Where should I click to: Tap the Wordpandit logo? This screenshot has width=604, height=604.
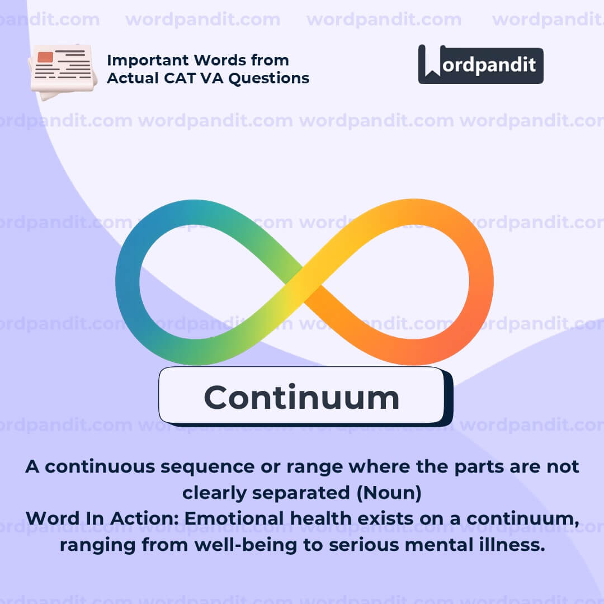pos(481,64)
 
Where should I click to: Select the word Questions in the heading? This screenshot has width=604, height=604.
pos(269,78)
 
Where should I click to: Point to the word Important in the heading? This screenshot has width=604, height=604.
pos(148,60)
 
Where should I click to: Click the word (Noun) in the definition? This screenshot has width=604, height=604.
pos(389,493)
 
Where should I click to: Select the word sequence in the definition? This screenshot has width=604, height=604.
pos(207,467)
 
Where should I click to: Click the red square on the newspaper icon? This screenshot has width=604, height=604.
pos(45,57)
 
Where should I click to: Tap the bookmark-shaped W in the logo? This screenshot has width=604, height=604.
pos(432,61)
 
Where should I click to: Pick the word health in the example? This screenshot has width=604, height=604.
pos(321,518)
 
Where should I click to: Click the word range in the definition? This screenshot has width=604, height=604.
pos(314,468)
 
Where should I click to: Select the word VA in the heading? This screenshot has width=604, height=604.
pos(213,78)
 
